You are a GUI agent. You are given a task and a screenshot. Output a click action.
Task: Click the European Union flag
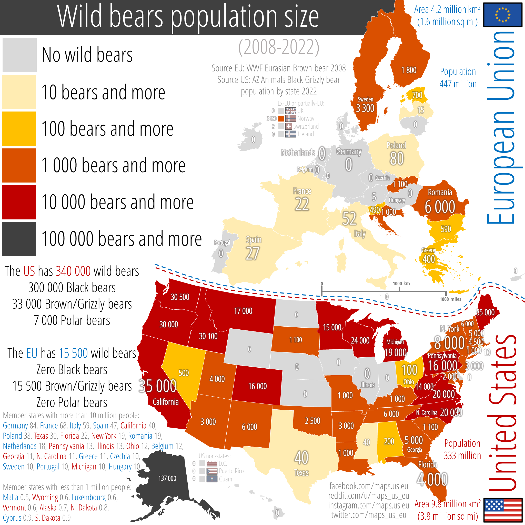click(502, 15)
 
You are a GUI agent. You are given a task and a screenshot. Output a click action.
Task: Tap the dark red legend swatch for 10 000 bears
click(19, 202)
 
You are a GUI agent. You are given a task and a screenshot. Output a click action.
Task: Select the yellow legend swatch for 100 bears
click(19, 128)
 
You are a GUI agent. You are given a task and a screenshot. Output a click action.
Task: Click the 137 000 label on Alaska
click(167, 478)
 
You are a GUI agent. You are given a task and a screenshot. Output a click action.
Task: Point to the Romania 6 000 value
click(440, 207)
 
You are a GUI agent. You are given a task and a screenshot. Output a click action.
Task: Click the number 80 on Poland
click(397, 159)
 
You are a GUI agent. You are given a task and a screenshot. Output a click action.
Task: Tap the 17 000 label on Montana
click(243, 311)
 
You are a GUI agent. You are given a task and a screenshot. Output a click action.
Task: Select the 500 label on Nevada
click(184, 373)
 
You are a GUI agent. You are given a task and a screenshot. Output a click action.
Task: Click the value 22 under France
click(302, 204)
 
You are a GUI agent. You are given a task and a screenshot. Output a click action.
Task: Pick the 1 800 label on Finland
click(409, 70)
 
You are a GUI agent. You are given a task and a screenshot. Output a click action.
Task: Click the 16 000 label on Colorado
click(257, 386)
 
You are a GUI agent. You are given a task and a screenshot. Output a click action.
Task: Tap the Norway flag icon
click(290, 118)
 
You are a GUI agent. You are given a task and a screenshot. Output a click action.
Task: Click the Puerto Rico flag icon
click(212, 471)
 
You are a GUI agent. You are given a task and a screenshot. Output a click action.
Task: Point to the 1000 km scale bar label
click(401, 284)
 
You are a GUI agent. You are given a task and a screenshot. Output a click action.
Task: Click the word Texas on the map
click(301, 473)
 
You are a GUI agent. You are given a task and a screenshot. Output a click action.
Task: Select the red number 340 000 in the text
click(73, 271)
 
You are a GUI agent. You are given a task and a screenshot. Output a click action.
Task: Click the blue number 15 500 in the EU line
click(73, 353)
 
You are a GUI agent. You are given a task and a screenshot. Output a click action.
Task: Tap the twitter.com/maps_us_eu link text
click(368, 515)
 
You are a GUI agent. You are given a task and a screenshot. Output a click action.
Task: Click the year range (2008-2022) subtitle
click(279, 47)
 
